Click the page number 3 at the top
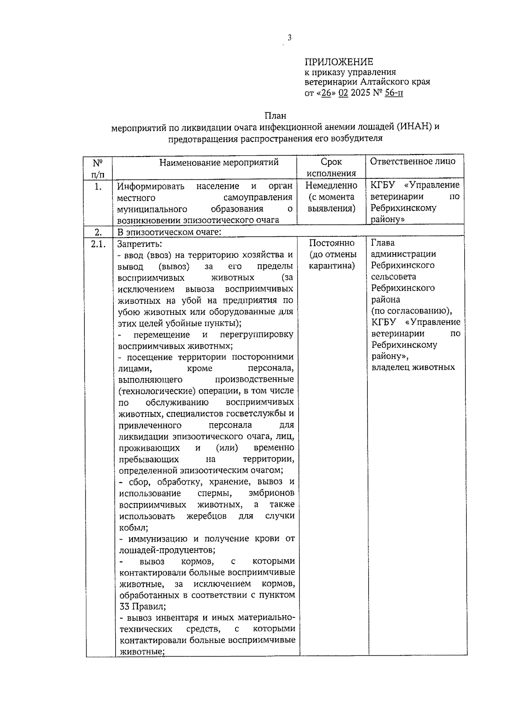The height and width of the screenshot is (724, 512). tap(289, 38)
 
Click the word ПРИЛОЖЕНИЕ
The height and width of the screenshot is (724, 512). tap(339, 62)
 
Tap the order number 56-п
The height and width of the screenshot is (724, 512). tap(393, 93)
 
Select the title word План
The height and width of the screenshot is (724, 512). tap(275, 116)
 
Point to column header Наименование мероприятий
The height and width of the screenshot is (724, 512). tap(219, 162)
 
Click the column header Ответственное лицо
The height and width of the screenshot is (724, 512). tap(413, 161)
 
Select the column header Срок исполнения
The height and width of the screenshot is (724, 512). tap(331, 167)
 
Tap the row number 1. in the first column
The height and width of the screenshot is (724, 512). tap(98, 186)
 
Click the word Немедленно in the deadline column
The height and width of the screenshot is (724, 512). tap(331, 186)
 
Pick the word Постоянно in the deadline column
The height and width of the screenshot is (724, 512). tap(332, 243)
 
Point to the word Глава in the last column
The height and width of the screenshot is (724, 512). tap(383, 243)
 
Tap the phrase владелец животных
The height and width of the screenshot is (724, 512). tap(413, 367)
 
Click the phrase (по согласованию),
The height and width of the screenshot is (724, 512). tap(411, 311)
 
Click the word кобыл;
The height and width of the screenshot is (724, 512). tap(131, 527)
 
